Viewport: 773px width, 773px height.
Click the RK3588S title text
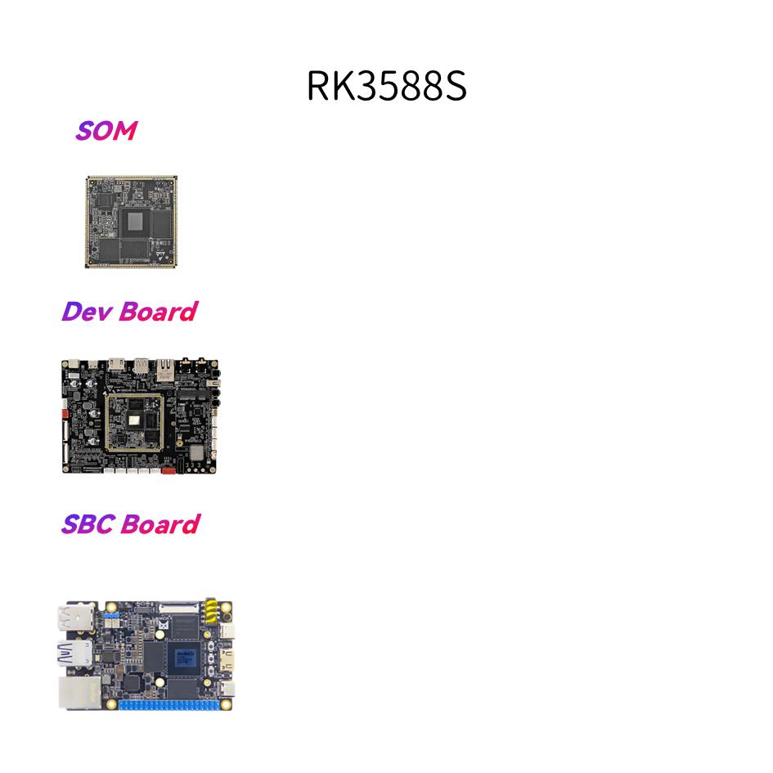[x=386, y=86]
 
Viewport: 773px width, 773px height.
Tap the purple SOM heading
[x=106, y=130]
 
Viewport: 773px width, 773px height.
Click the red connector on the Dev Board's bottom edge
[x=168, y=470]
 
